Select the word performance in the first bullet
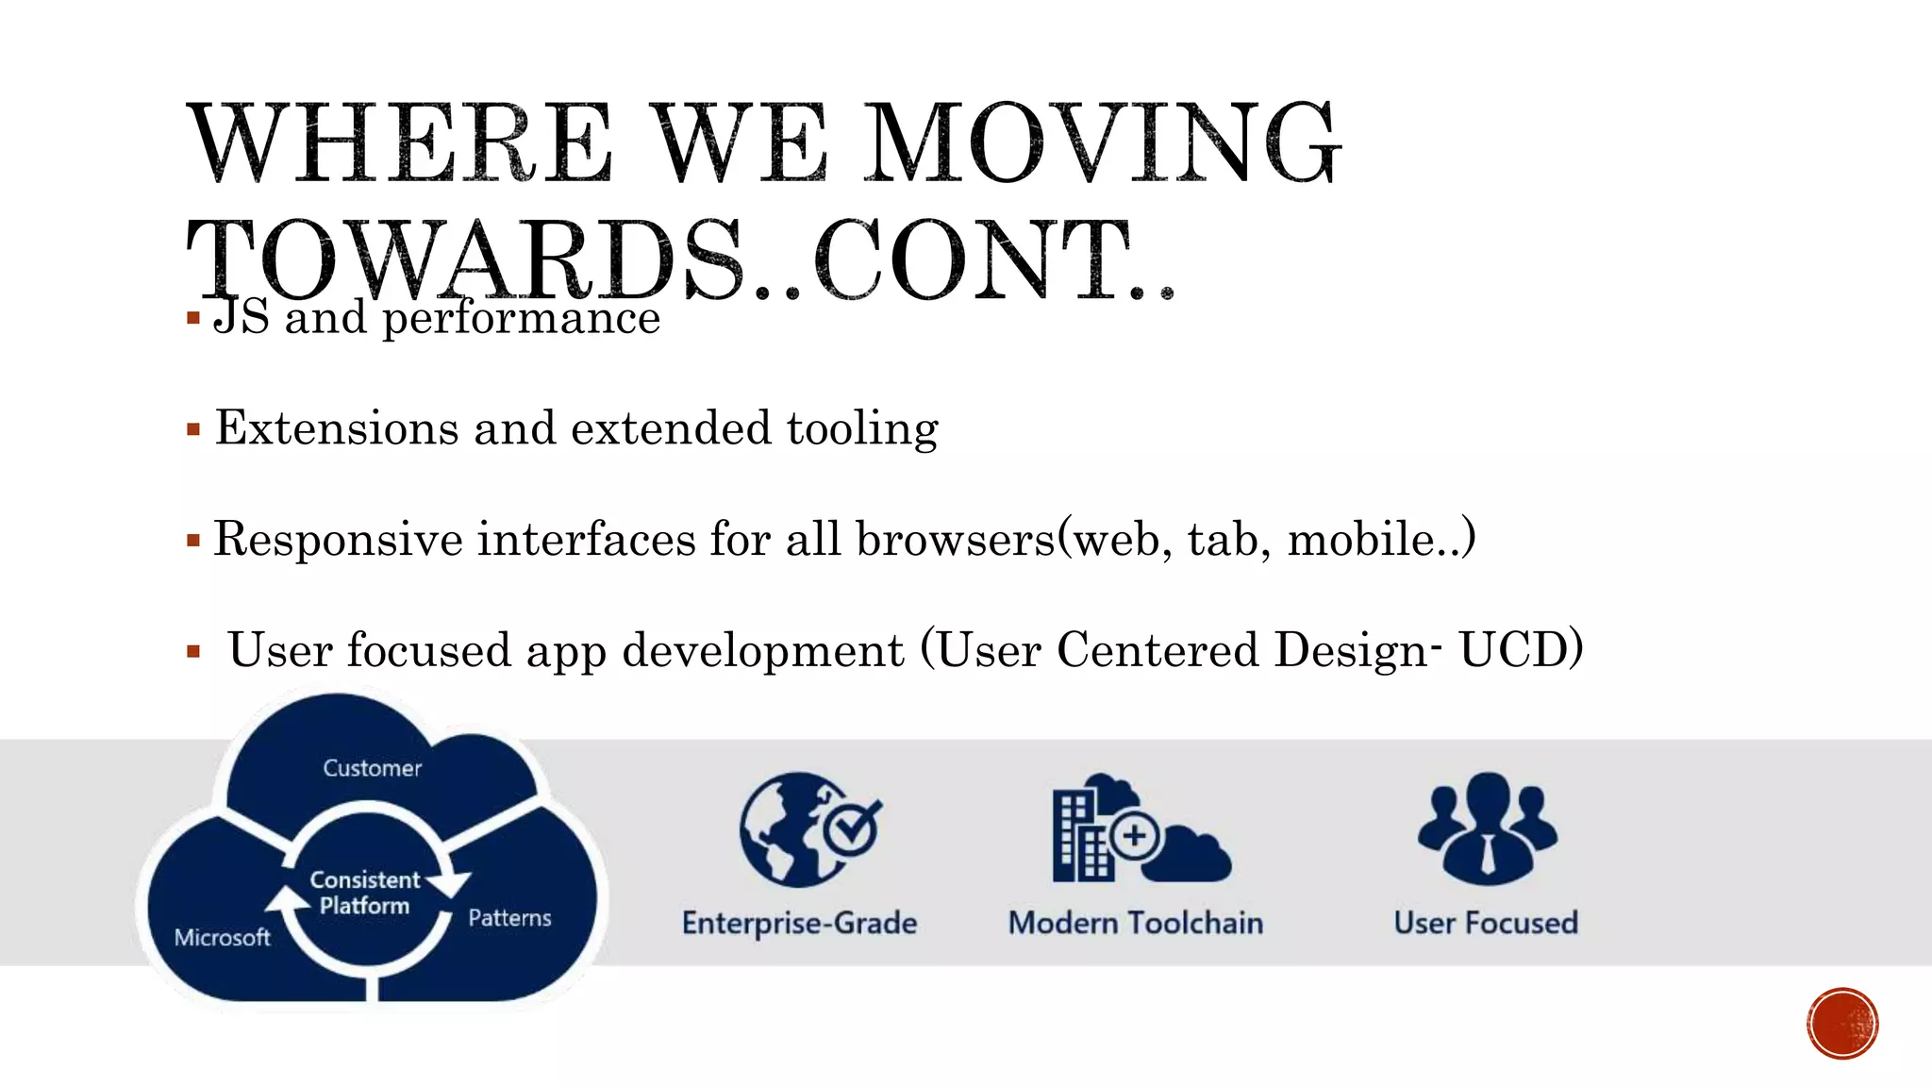(521, 318)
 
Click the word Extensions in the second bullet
(337, 428)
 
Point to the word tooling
(862, 429)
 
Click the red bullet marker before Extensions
(193, 430)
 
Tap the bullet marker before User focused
(193, 651)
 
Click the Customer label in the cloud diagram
(372, 768)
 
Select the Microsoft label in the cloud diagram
(223, 937)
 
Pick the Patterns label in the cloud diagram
(509, 918)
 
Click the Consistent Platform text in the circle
(364, 893)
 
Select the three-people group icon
(1487, 825)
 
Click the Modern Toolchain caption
(1136, 923)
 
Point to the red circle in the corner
(1842, 1024)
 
